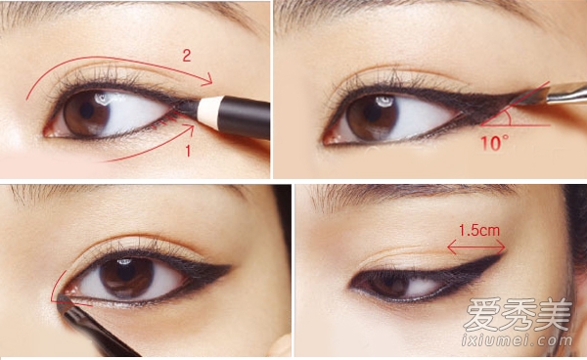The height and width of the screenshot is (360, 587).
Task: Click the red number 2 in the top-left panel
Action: coord(187,56)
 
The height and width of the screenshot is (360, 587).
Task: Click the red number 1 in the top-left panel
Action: coord(188,151)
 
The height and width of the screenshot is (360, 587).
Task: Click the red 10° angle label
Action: coord(494,143)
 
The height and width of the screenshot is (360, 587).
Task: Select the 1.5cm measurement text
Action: coord(479,231)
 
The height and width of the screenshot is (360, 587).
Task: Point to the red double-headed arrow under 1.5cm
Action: coord(476,247)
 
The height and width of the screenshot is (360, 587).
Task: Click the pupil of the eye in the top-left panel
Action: coord(87,111)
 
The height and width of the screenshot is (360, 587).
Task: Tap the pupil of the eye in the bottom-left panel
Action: coord(127,276)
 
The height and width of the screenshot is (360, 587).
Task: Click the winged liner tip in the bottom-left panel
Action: coord(229,267)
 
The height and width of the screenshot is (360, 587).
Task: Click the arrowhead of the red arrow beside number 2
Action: coord(207,79)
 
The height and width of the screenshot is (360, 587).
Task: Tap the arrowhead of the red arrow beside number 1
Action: coord(189,129)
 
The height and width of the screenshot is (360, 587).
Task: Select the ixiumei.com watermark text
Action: coord(517,340)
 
